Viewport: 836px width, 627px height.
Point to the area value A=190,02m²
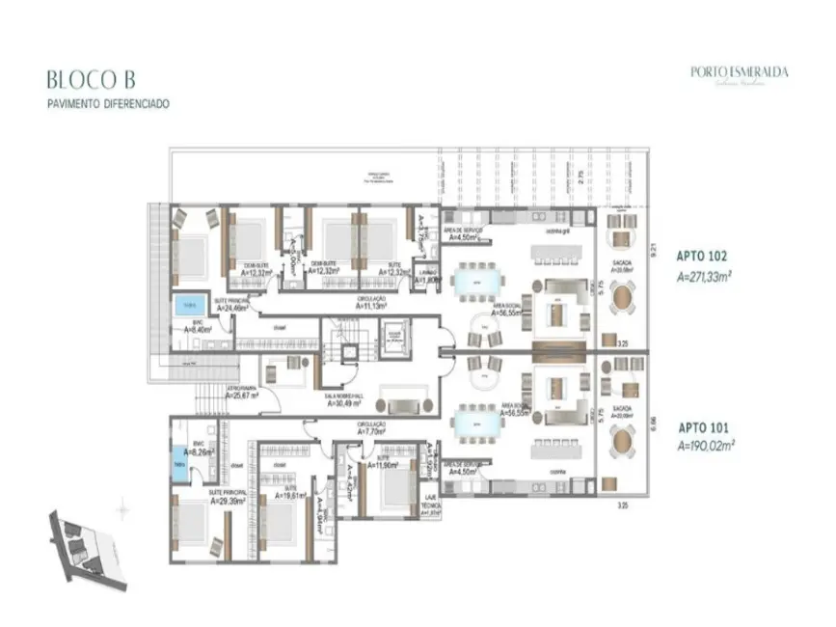706,446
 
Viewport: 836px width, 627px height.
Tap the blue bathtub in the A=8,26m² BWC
180,462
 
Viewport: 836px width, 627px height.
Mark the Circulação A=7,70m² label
371,429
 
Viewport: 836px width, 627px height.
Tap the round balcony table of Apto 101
624,443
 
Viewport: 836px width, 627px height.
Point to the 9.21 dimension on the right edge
654,249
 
